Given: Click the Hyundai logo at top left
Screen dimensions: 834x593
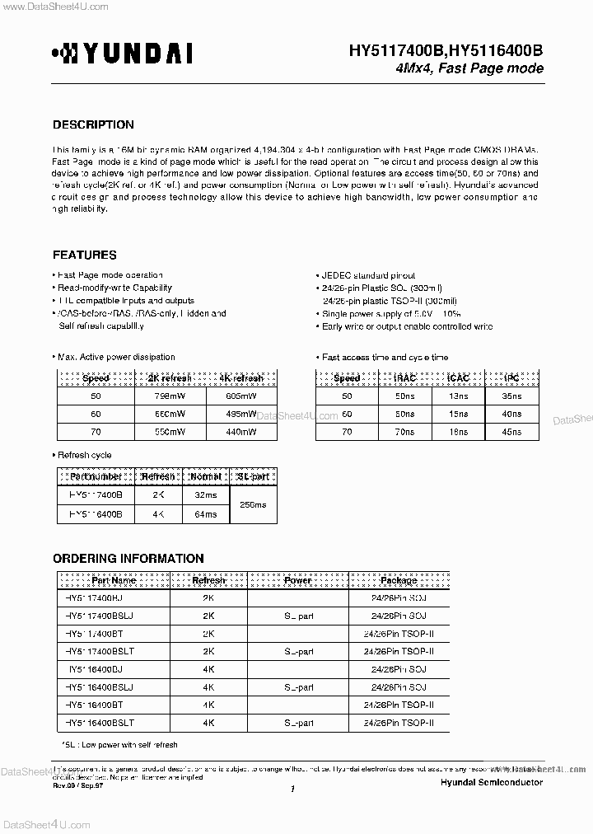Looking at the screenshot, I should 122,54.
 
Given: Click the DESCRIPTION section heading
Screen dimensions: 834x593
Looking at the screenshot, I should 93,125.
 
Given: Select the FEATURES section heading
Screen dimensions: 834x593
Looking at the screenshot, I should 85,255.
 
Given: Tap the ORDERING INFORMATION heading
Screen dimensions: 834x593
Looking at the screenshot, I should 128,559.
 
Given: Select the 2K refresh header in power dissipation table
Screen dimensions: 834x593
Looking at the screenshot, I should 168,378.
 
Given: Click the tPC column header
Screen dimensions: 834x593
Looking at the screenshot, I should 511,378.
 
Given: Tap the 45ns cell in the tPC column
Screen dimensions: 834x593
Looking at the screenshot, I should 511,432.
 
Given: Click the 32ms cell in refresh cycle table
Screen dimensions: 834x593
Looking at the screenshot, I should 205,496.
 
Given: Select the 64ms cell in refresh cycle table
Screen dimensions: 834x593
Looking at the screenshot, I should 205,514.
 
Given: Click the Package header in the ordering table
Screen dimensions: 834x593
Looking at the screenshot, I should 399,580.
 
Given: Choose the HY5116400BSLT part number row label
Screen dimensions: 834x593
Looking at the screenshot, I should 98,723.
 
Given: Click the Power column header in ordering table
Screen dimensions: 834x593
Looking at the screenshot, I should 297,580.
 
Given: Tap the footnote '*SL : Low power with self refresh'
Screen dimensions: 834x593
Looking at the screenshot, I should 119,745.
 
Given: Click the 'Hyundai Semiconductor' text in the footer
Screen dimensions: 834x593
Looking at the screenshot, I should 491,782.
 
